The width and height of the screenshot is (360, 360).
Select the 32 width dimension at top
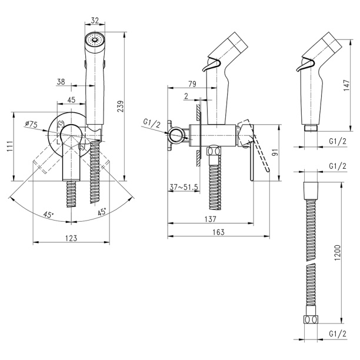pos(95,19)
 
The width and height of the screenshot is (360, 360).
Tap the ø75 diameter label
pos(32,124)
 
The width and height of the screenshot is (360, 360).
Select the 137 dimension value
pos(211,219)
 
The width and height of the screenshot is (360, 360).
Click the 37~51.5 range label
pos(183,187)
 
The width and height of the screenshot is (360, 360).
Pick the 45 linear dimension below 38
pos(71,100)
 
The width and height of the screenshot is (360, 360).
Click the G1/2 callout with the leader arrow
pos(151,122)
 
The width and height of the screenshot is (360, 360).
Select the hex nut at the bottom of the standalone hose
pos(311,320)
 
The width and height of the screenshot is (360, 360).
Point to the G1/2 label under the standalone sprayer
pos(336,142)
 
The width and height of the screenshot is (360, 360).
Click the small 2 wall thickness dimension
pos(186,96)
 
